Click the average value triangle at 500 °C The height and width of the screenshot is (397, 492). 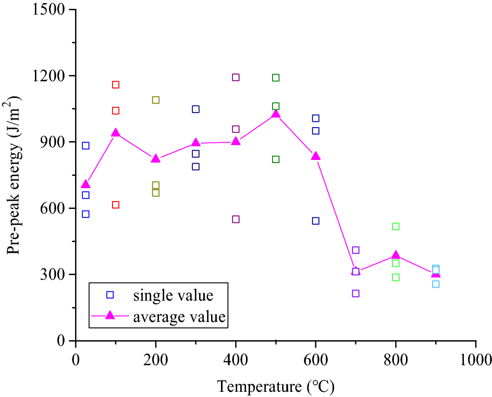click(276, 114)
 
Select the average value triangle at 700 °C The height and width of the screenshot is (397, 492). click(355, 271)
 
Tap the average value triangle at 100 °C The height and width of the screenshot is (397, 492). click(116, 132)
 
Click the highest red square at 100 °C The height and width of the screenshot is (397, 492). click(116, 84)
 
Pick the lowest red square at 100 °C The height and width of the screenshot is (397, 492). click(116, 205)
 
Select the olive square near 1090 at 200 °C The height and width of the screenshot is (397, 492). click(155, 100)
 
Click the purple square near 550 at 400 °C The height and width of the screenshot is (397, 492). click(236, 219)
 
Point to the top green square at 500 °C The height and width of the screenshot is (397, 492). click(276, 78)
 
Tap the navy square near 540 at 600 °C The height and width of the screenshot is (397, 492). click(315, 221)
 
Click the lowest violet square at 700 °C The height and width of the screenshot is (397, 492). click(355, 293)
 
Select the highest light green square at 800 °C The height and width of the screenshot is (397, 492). click(396, 226)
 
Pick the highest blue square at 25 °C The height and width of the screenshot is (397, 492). click(85, 146)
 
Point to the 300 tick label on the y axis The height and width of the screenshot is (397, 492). click(58, 275)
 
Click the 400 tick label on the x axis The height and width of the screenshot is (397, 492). click(236, 359)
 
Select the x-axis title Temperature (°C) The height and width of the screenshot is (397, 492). click(276, 387)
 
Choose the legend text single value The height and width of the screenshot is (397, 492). click(173, 295)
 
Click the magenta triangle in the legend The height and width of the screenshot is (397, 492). click(110, 315)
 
